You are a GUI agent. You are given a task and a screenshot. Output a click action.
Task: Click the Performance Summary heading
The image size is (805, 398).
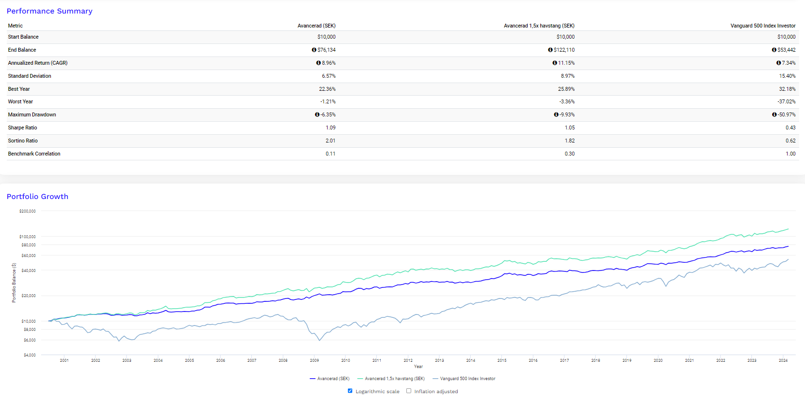[50, 11]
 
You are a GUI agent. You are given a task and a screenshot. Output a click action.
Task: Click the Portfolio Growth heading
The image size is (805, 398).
[37, 197]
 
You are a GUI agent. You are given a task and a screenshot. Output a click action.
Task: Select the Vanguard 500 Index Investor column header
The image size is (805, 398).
[763, 26]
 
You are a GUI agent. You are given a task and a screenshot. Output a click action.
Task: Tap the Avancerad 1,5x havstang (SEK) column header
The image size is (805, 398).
[539, 26]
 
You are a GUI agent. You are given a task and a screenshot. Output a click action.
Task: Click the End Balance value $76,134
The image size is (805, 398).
[326, 50]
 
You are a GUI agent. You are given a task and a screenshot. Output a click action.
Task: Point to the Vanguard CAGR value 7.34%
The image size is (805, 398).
[789, 63]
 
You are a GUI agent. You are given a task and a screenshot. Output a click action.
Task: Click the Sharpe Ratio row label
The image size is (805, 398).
[22, 128]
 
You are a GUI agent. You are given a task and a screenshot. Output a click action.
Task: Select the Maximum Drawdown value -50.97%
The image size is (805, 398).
[786, 114]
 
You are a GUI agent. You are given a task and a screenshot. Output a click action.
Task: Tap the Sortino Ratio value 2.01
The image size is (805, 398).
[331, 141]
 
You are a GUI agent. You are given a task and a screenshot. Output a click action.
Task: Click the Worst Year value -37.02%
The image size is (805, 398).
[786, 101]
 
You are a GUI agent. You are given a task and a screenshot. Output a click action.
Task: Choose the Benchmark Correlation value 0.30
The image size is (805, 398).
[569, 154]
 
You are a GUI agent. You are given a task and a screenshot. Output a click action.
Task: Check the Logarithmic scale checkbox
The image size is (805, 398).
[350, 391]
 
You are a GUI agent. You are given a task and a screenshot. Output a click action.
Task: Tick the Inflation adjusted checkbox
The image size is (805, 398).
[409, 391]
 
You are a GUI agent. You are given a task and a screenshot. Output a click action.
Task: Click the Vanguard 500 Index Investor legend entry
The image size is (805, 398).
[464, 379]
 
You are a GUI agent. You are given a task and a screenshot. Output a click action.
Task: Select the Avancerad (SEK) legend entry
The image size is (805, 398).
[330, 379]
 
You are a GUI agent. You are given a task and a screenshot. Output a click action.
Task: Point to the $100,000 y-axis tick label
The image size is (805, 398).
[28, 237]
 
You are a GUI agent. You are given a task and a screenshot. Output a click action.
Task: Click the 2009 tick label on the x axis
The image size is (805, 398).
[314, 360]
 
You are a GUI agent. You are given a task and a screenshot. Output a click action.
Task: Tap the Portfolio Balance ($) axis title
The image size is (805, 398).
[14, 283]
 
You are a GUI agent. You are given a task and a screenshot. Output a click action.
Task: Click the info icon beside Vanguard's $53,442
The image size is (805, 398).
[774, 50]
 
